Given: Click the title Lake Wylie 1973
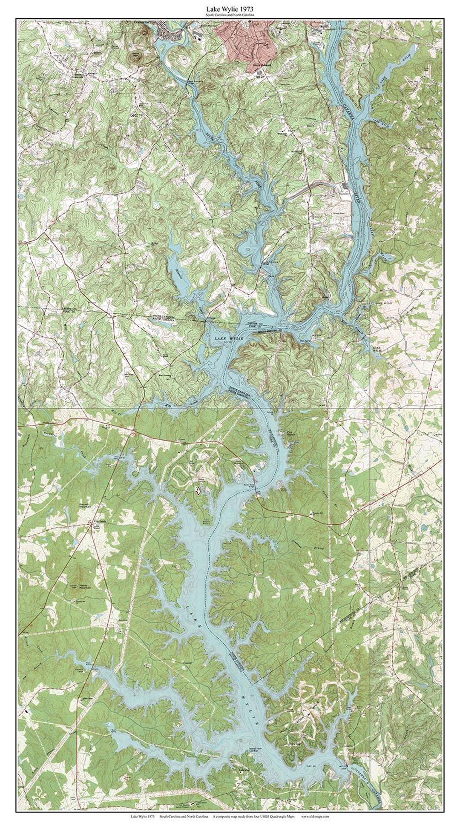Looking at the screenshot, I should point(230,8).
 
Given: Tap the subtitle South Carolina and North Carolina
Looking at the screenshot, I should point(230,15).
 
